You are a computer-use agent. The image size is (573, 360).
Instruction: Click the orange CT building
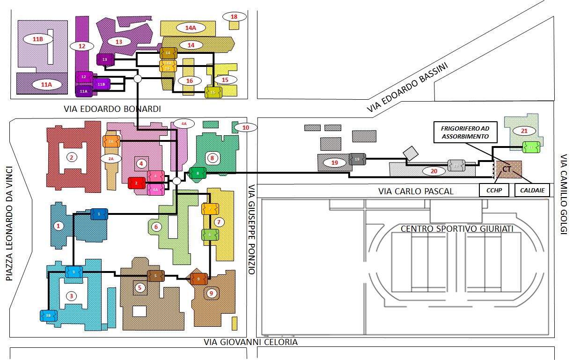click(508, 169)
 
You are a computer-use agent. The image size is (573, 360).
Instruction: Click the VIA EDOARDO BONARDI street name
click(112, 109)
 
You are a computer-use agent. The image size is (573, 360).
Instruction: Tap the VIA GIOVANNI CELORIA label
click(250, 342)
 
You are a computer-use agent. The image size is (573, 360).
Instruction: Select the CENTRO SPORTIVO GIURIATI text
click(457, 229)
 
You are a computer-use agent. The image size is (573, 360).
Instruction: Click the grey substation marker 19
click(357, 159)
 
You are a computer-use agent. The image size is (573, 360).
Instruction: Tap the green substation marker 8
click(198, 173)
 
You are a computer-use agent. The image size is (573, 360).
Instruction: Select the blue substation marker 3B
click(48, 316)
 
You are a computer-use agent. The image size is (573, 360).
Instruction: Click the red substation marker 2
click(136, 183)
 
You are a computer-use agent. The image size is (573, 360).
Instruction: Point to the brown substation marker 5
click(155, 276)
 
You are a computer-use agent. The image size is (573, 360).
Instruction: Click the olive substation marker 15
click(213, 92)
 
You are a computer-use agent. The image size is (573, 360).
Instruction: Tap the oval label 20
click(433, 171)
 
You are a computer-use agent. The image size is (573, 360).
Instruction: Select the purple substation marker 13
click(105, 59)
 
